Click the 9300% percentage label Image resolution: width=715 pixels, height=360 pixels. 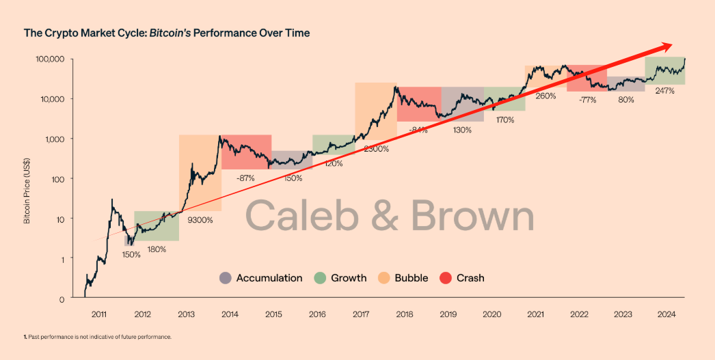click(200, 220)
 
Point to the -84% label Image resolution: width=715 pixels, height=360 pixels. click(417, 130)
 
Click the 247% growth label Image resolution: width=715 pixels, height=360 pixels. click(664, 91)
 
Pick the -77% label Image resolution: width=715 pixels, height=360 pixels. click(586, 100)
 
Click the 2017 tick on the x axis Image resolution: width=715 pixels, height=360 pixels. click(361, 315)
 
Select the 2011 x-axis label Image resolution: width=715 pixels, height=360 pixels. click(100, 315)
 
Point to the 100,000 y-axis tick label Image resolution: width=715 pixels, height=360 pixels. click(50, 59)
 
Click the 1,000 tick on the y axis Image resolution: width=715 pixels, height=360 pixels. click(53, 139)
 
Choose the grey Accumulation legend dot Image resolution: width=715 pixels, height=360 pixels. click(225, 278)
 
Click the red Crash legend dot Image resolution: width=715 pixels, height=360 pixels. click(446, 278)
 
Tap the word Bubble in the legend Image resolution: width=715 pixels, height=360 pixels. click(412, 278)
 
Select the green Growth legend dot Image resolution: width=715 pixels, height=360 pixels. click(319, 278)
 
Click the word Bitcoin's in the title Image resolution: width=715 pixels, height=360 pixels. click(173, 32)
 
